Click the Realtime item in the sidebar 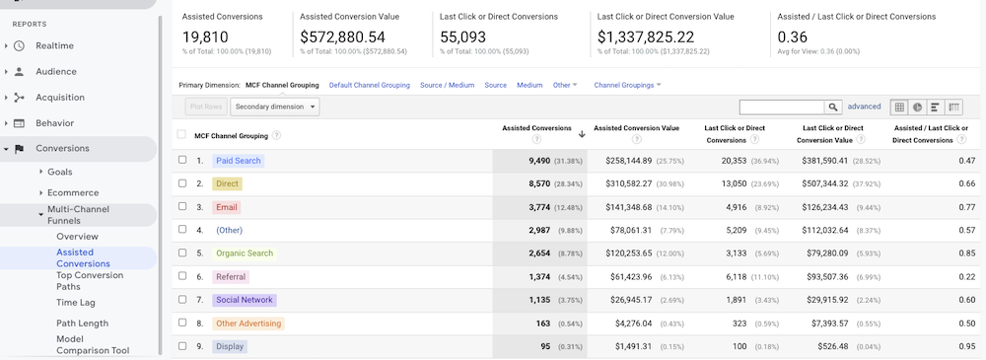[x=54, y=45]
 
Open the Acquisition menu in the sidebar [x=59, y=97]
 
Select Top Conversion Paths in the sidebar [x=90, y=281]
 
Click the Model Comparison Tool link [x=92, y=344]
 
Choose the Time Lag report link [x=76, y=302]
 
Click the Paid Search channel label [x=238, y=160]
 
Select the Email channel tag [x=226, y=207]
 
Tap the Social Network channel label [x=245, y=300]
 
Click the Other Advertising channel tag [x=247, y=324]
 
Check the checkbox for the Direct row [x=182, y=183]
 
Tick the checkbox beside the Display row [x=182, y=346]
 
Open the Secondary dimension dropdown [x=275, y=107]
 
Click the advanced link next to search [x=864, y=107]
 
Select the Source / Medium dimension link [x=447, y=85]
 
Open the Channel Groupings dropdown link [x=626, y=85]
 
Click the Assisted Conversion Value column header [x=636, y=128]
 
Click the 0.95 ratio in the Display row [x=966, y=346]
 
